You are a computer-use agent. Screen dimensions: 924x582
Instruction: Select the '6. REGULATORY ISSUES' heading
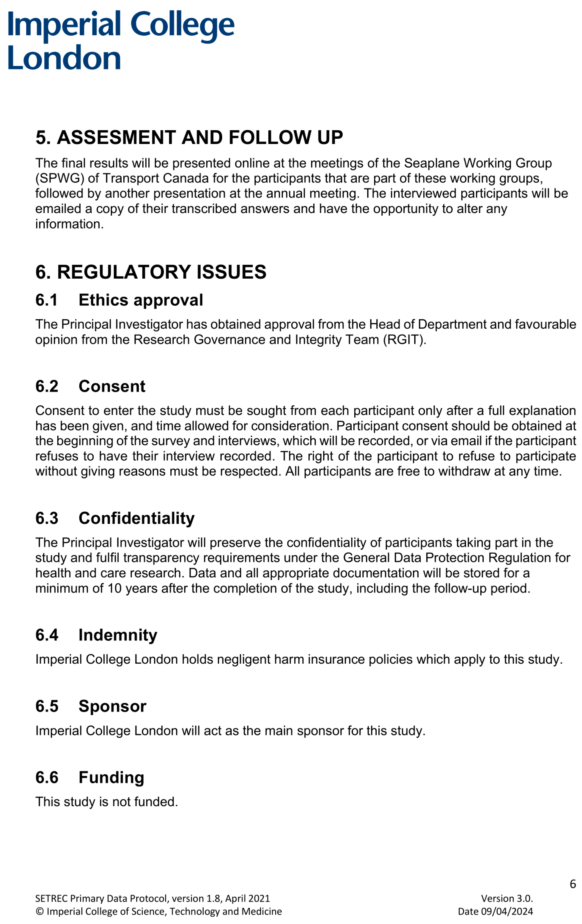click(151, 272)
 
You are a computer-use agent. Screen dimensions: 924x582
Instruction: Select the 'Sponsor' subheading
click(112, 706)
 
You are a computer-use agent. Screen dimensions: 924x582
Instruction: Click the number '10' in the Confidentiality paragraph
click(114, 588)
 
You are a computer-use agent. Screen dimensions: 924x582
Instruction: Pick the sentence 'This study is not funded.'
click(107, 802)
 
